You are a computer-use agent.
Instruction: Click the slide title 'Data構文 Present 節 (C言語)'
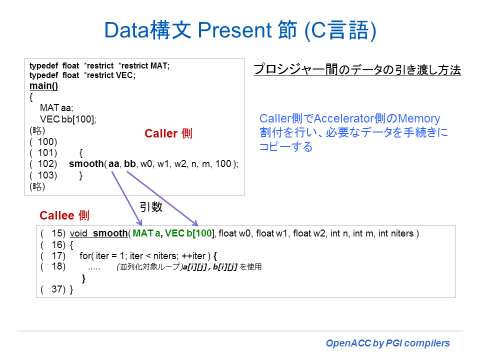coord(240,30)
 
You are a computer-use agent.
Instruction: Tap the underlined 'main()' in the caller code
coord(43,85)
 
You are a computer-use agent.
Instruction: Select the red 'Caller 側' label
coord(168,133)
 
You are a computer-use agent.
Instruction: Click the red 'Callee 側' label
coord(64,215)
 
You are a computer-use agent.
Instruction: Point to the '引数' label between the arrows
coord(150,207)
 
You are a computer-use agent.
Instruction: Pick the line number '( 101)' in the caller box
coord(43,152)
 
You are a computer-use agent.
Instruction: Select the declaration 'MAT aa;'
coord(56,108)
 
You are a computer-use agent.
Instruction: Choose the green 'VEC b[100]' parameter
coord(190,233)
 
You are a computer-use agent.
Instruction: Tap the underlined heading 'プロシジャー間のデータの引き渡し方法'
coord(357,70)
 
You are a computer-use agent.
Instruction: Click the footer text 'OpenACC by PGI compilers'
coord(388,343)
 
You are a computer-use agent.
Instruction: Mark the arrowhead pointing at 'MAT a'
coord(140,223)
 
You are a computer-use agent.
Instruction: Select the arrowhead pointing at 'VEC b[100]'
coord(195,223)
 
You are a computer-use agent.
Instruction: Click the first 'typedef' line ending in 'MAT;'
coord(99,65)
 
